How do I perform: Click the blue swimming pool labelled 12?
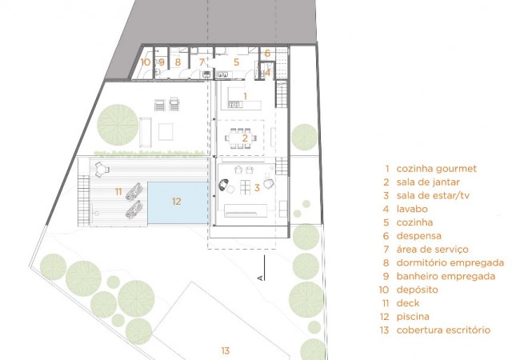click(x=178, y=202)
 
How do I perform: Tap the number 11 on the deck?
click(x=118, y=192)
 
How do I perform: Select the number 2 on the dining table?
click(x=245, y=138)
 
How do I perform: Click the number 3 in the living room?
click(x=257, y=188)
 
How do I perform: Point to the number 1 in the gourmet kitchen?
click(x=245, y=96)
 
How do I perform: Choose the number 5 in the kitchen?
click(x=236, y=62)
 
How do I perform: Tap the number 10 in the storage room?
click(x=146, y=62)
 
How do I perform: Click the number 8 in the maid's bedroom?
click(x=178, y=62)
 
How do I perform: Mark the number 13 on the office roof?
click(x=225, y=350)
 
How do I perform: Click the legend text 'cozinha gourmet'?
click(x=437, y=168)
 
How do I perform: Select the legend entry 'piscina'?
click(x=413, y=317)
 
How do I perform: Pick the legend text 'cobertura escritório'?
click(x=443, y=330)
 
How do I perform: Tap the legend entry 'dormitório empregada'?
click(x=450, y=263)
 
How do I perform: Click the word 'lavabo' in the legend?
click(x=412, y=209)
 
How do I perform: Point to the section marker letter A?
click(x=261, y=277)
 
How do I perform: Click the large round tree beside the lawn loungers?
click(x=118, y=125)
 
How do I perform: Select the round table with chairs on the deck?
click(x=99, y=170)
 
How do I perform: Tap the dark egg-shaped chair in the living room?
click(x=224, y=185)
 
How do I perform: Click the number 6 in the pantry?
click(x=267, y=53)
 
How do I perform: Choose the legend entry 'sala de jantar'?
click(x=428, y=182)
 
